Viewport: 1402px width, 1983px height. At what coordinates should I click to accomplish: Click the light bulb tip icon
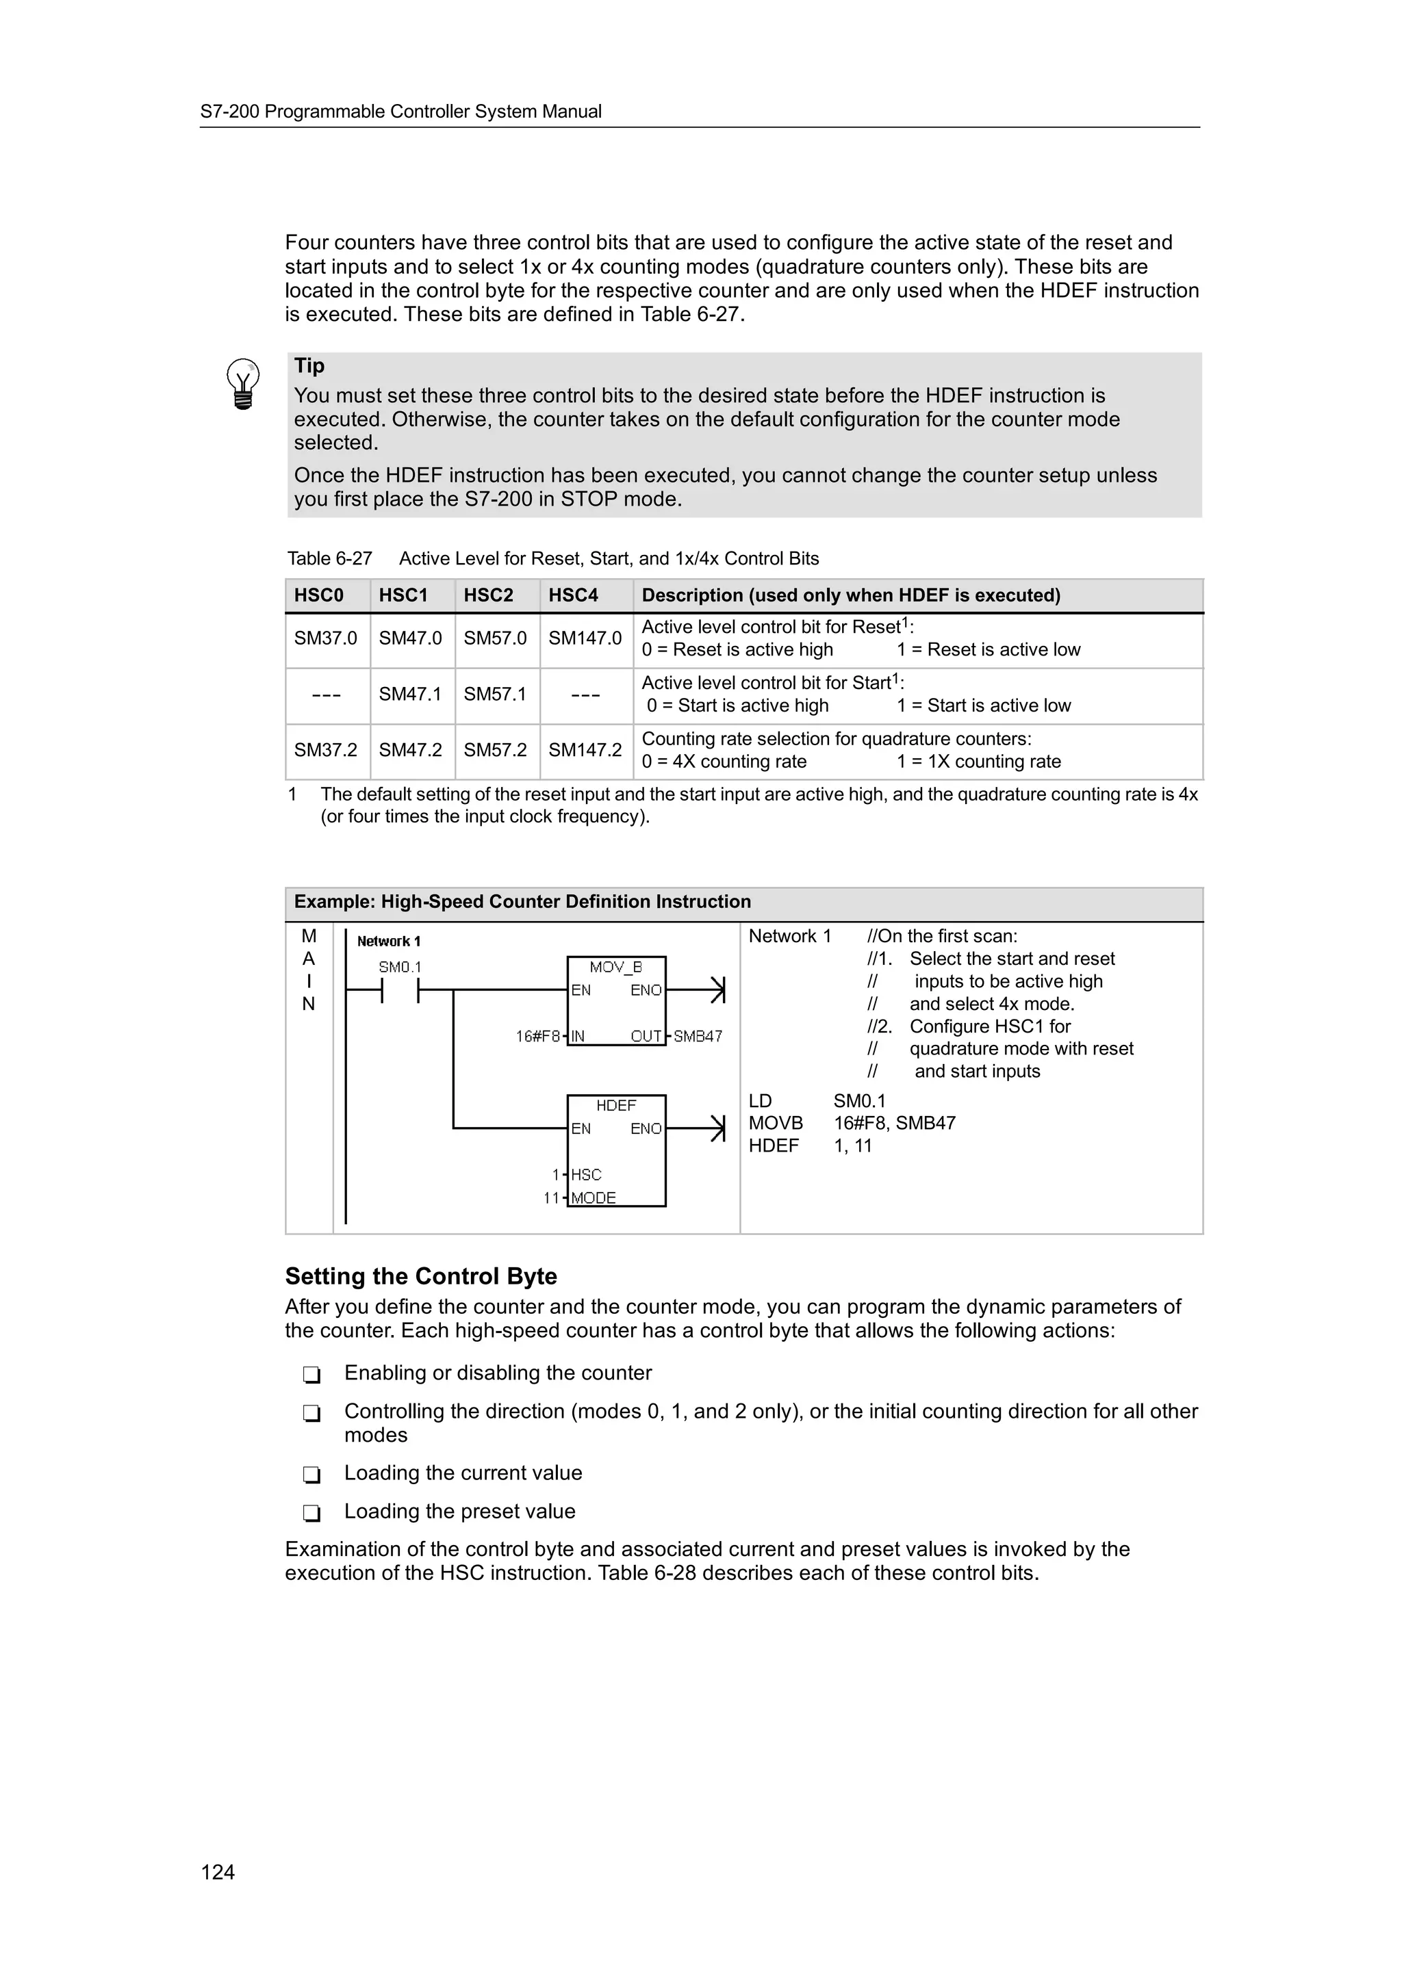tap(243, 383)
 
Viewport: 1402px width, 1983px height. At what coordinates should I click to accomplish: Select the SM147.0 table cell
tap(585, 638)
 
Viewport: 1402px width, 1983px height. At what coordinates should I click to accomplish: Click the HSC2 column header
tap(488, 595)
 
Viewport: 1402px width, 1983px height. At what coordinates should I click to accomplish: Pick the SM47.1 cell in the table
tap(409, 695)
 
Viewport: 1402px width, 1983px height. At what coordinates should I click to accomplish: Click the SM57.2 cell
tap(495, 750)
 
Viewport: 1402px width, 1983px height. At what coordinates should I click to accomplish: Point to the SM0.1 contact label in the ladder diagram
tap(400, 968)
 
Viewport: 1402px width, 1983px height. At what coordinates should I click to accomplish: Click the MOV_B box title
tap(616, 968)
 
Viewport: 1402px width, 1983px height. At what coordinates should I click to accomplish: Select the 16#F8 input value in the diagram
tap(537, 1037)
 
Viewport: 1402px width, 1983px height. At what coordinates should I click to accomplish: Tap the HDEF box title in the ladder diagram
tap(616, 1106)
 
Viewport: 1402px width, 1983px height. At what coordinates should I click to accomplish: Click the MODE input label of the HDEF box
tap(594, 1198)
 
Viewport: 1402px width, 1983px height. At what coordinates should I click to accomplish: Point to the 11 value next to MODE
tap(551, 1198)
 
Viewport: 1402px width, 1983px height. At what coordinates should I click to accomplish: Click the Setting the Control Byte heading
tap(421, 1277)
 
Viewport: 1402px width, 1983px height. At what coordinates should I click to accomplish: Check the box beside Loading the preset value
tap(312, 1513)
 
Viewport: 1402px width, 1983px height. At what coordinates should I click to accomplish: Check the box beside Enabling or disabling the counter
tap(312, 1374)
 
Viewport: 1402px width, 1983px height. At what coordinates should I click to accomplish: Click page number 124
tap(218, 1871)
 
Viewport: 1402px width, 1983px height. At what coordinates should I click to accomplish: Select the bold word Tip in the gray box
tap(309, 365)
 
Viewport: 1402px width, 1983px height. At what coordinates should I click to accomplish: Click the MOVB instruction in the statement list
tap(775, 1123)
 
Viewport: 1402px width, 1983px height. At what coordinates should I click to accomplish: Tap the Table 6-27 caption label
tap(329, 559)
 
